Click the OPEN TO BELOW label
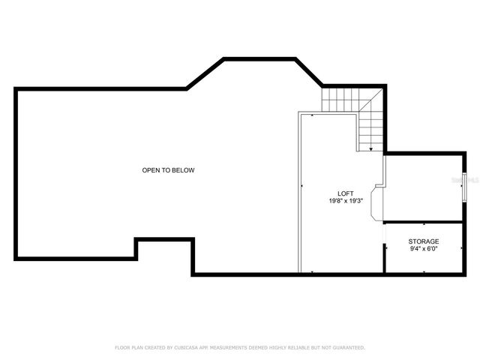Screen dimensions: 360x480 click(168, 170)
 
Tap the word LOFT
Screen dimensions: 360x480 click(346, 192)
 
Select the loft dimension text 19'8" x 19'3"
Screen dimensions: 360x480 click(346, 200)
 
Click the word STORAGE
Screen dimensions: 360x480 click(424, 241)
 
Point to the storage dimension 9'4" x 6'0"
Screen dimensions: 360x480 click(424, 248)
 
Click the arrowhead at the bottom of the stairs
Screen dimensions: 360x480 click(370, 149)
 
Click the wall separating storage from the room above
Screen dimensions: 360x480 click(424, 222)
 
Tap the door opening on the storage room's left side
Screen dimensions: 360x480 click(385, 238)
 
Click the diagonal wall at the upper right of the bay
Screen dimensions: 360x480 click(309, 73)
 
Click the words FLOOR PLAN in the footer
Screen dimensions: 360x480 click(128, 348)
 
